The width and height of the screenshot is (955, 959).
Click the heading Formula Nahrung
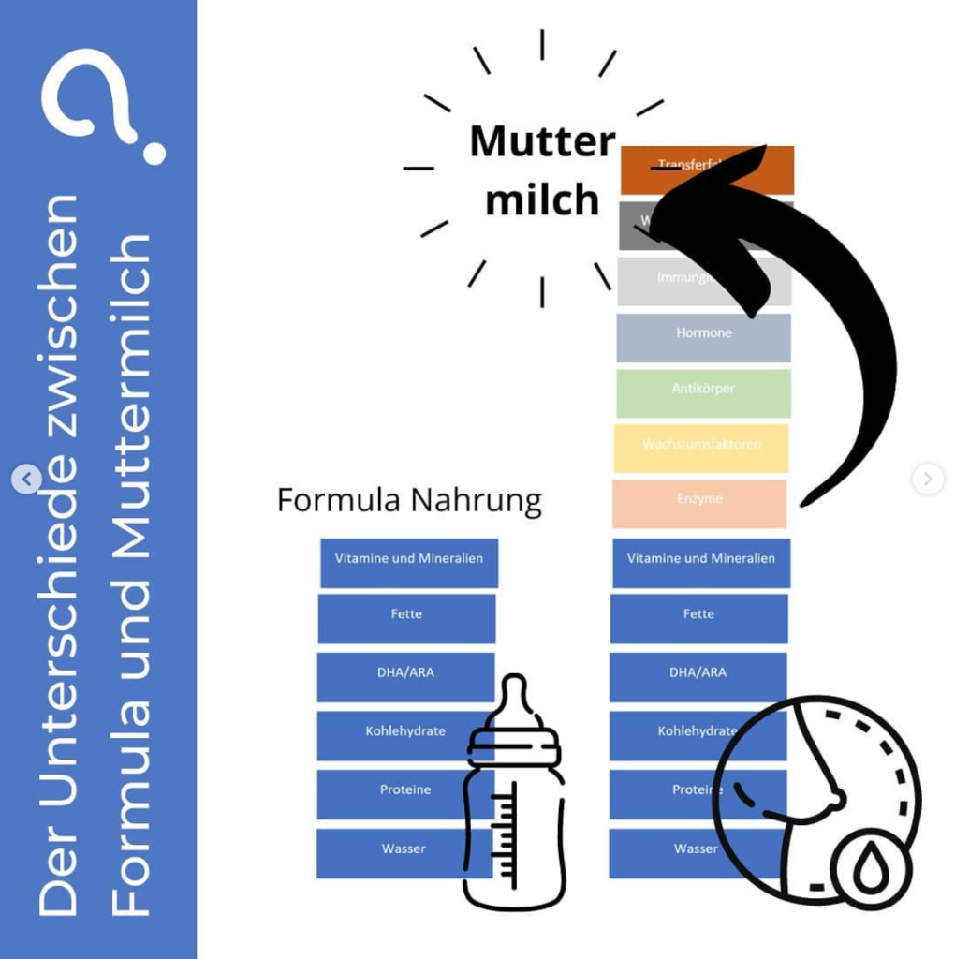pyautogui.click(x=409, y=500)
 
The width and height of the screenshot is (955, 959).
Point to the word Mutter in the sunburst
pyautogui.click(x=542, y=141)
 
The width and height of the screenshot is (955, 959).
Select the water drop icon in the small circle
pyautogui.click(x=870, y=869)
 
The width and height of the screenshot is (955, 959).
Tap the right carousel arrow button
pyautogui.click(x=927, y=479)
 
